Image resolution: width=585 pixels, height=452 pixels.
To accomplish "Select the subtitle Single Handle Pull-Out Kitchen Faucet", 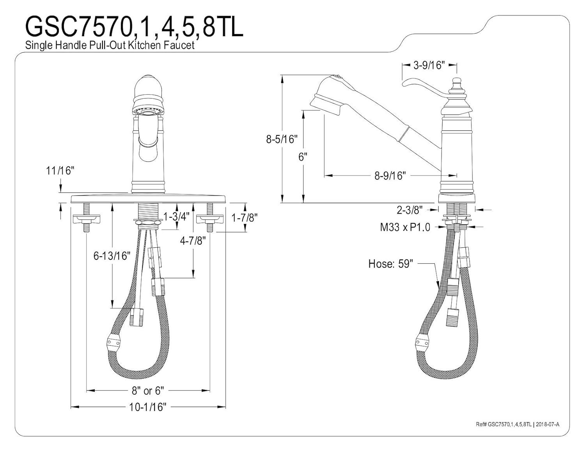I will (110, 45).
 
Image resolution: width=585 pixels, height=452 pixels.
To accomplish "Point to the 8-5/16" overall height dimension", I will (282, 139).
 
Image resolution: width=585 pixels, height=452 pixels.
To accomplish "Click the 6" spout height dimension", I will (303, 157).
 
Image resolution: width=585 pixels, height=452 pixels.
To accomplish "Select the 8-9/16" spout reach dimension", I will (390, 175).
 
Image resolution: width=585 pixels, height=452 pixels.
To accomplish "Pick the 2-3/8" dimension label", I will (410, 210).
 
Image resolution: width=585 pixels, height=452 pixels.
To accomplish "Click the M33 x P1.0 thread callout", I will (405, 227).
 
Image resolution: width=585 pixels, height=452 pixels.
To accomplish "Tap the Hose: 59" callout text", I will (390, 264).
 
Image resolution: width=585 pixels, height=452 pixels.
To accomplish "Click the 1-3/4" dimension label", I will (176, 216).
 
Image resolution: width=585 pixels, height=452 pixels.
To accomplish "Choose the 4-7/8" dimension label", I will (193, 241).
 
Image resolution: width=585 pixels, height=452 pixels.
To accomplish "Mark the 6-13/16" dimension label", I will (112, 256).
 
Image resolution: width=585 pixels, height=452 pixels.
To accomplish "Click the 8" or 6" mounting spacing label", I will (148, 390).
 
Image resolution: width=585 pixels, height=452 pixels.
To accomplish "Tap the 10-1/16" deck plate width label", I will (148, 407).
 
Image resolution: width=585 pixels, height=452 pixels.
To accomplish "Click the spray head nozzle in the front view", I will (148, 112).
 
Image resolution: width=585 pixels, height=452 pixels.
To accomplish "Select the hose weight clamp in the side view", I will (422, 341).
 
